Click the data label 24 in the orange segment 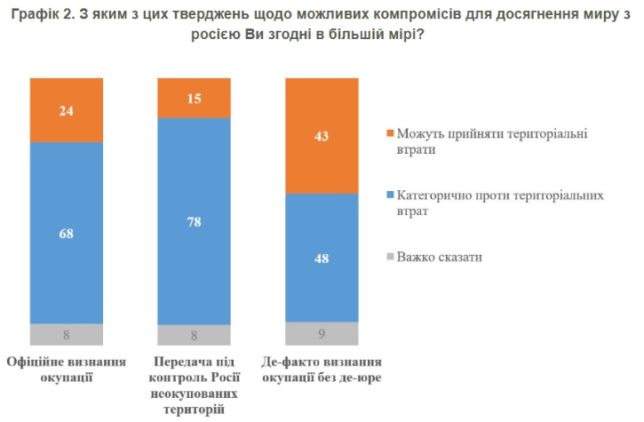[x=66, y=111]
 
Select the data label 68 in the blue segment [x=66, y=234]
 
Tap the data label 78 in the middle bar [x=193, y=221]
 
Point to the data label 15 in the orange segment [x=193, y=99]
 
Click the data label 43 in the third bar [x=321, y=136]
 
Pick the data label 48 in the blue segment [x=321, y=258]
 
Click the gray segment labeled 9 [x=321, y=334]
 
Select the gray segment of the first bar [x=66, y=335]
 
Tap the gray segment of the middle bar [x=193, y=335]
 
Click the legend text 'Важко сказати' [x=440, y=258]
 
